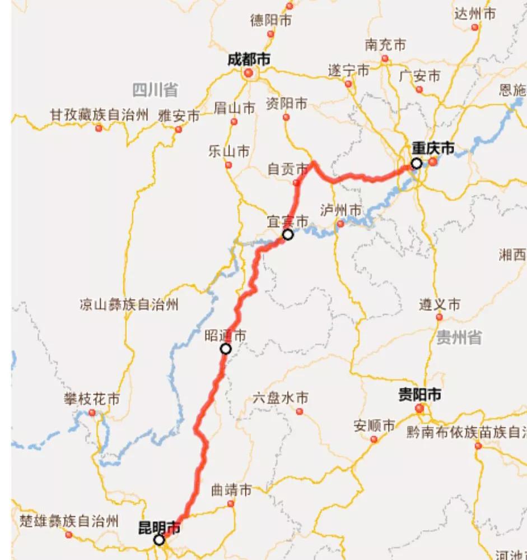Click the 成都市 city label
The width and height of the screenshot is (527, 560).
249,59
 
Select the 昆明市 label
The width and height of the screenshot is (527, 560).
159,527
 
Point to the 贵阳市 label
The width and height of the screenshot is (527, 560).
419,395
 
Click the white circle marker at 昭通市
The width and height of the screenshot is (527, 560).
226,349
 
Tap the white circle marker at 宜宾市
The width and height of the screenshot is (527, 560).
288,234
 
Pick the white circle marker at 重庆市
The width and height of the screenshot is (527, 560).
417,163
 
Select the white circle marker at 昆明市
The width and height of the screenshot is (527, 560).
159,540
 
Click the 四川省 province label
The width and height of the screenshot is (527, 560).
155,90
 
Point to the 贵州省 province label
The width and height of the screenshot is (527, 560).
459,337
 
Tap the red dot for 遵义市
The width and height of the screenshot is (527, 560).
440,317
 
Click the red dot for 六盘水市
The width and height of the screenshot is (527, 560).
300,411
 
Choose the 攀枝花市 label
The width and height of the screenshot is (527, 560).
92,400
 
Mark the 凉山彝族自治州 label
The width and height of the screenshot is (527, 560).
129,305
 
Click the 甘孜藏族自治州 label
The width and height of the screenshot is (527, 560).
99,115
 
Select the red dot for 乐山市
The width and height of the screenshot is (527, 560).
228,165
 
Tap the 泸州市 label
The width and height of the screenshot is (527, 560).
341,210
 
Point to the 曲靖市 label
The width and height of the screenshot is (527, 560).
231,490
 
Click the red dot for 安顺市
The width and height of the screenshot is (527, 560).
374,439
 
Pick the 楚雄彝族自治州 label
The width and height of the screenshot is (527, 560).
68,521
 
